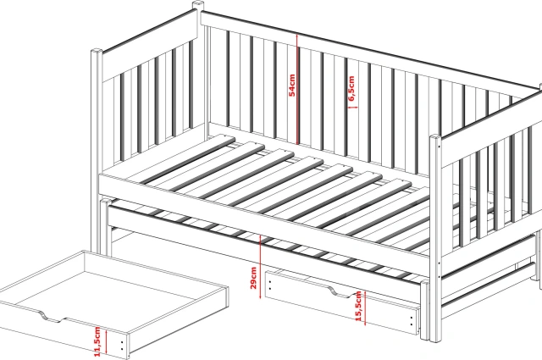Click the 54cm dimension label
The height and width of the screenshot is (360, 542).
point(292,85)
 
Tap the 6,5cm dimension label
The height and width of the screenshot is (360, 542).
point(351,89)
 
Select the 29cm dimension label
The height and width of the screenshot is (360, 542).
point(253,278)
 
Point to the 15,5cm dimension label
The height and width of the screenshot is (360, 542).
point(358,306)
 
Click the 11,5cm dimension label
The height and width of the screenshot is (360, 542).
point(97,341)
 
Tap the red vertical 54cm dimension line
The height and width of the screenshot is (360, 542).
point(297,89)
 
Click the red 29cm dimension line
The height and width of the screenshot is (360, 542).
point(260,266)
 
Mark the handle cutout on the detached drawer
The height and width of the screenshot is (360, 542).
point(53,317)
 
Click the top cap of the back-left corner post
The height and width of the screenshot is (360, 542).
point(197,5)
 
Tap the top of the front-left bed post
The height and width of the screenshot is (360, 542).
point(97,51)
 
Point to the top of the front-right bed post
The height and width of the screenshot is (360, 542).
point(434,137)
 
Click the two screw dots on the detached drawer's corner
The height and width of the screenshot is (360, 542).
point(122,346)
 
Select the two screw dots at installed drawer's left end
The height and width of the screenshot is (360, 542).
point(269,285)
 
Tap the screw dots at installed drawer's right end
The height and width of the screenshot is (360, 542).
point(412,321)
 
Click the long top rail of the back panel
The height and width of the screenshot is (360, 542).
point(370,55)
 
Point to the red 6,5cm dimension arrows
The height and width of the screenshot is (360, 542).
point(352,108)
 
